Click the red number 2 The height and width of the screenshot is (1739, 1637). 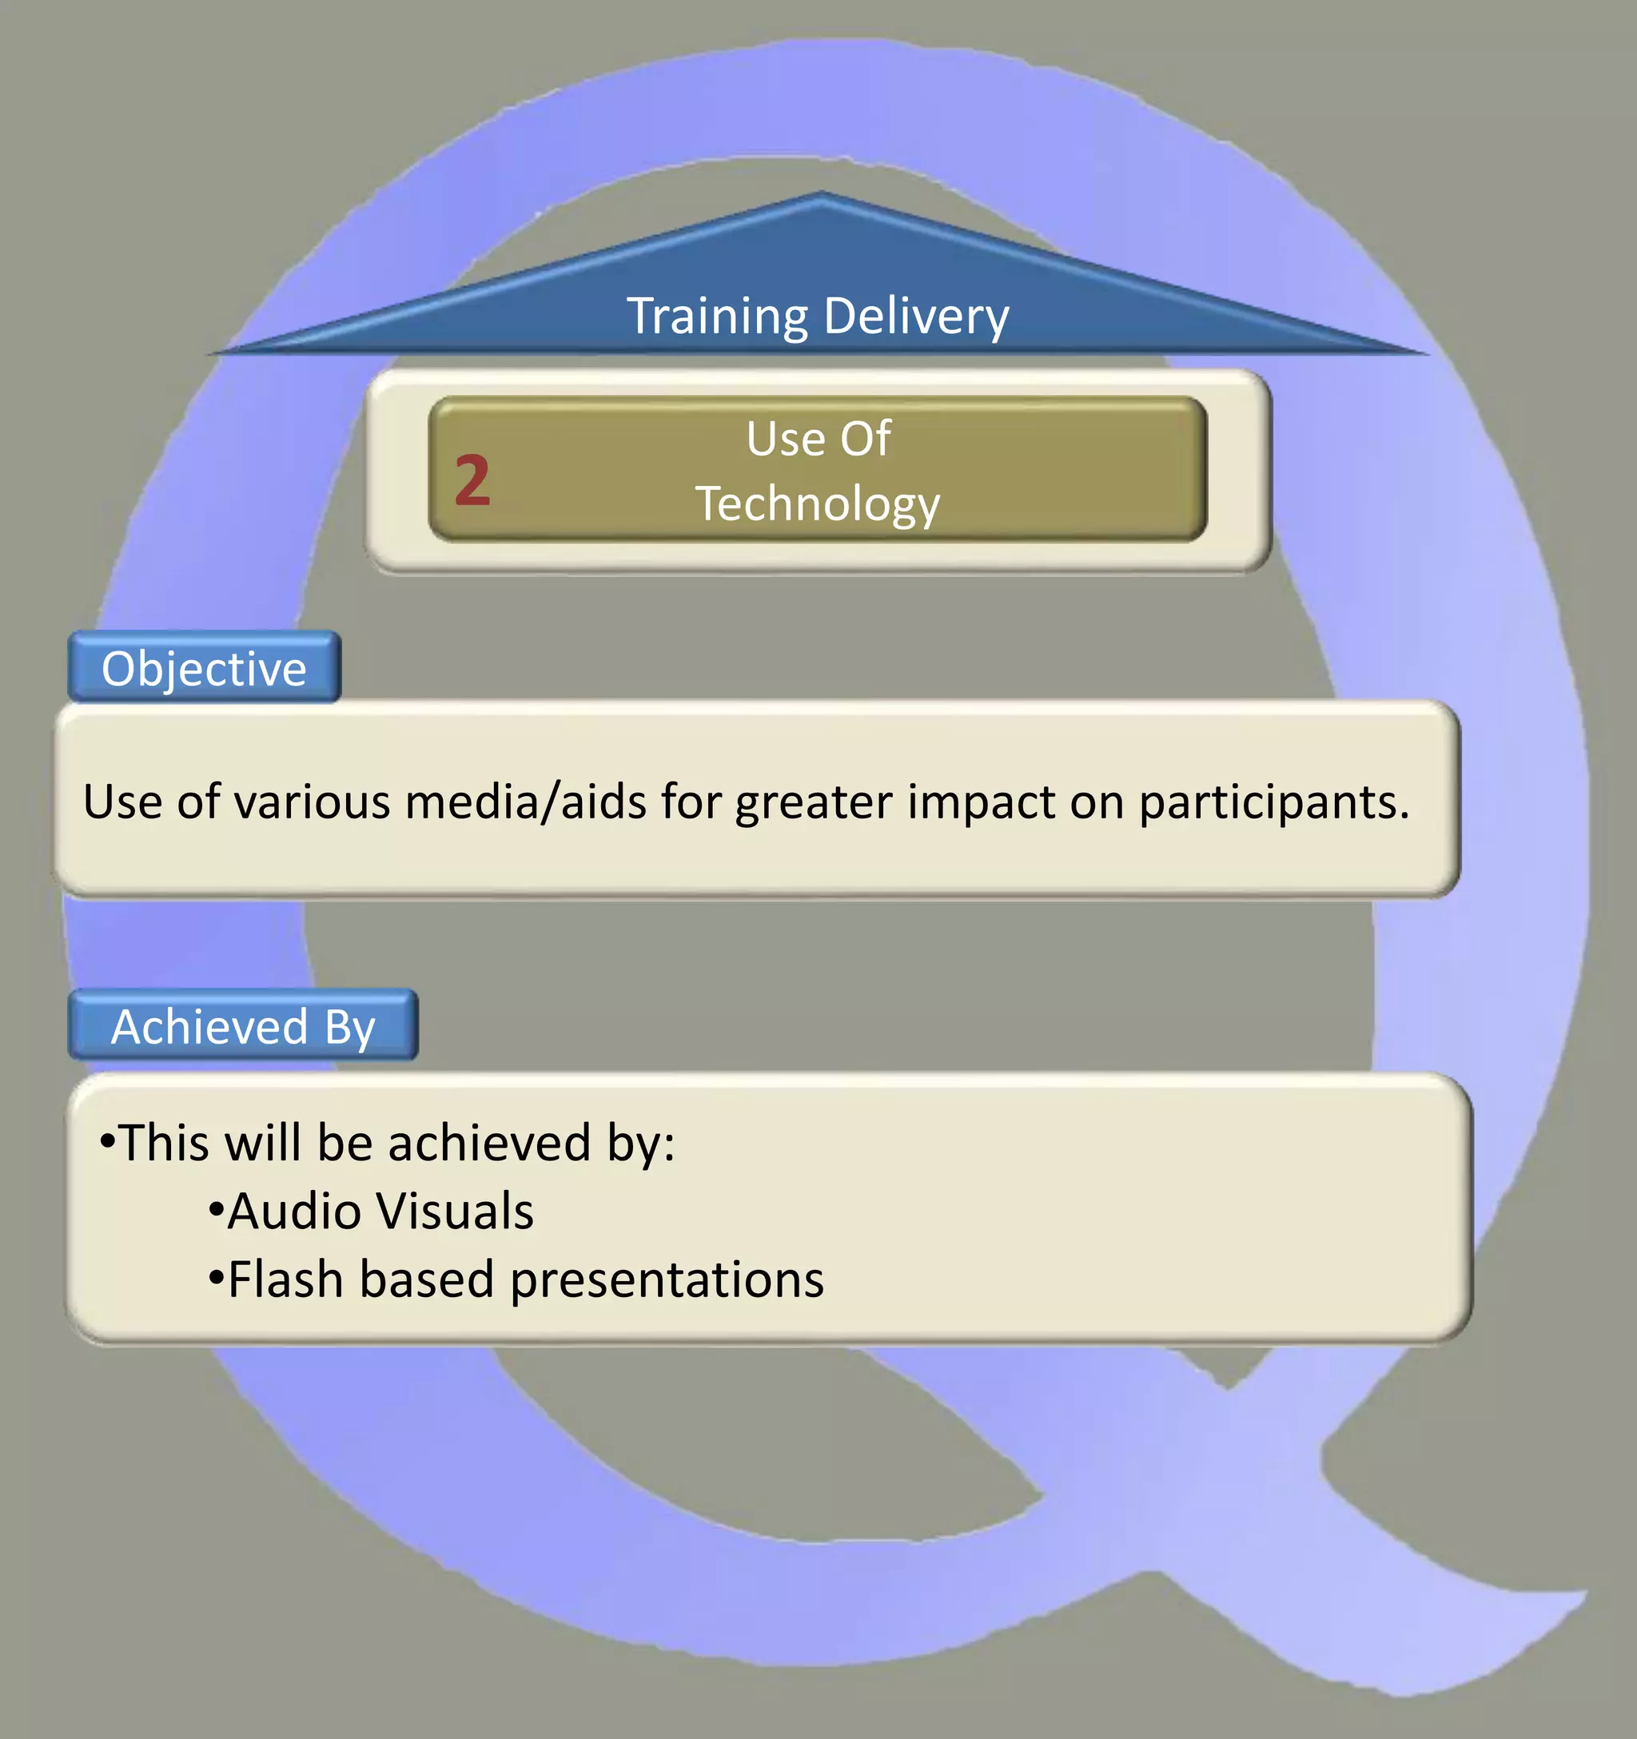click(x=472, y=480)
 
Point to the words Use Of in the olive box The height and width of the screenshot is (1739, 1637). click(x=818, y=438)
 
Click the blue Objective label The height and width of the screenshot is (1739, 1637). click(x=204, y=669)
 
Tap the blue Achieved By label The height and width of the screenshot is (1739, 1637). click(x=242, y=1026)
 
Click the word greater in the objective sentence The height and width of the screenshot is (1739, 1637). click(x=814, y=803)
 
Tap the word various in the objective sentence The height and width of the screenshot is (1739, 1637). click(x=312, y=802)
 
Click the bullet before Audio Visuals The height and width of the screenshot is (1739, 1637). click(x=216, y=1211)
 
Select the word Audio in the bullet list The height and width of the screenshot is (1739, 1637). click(x=294, y=1212)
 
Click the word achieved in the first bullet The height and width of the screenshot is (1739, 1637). click(x=489, y=1144)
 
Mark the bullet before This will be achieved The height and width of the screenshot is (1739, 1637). click(x=108, y=1140)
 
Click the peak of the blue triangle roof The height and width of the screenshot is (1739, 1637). click(x=821, y=196)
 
